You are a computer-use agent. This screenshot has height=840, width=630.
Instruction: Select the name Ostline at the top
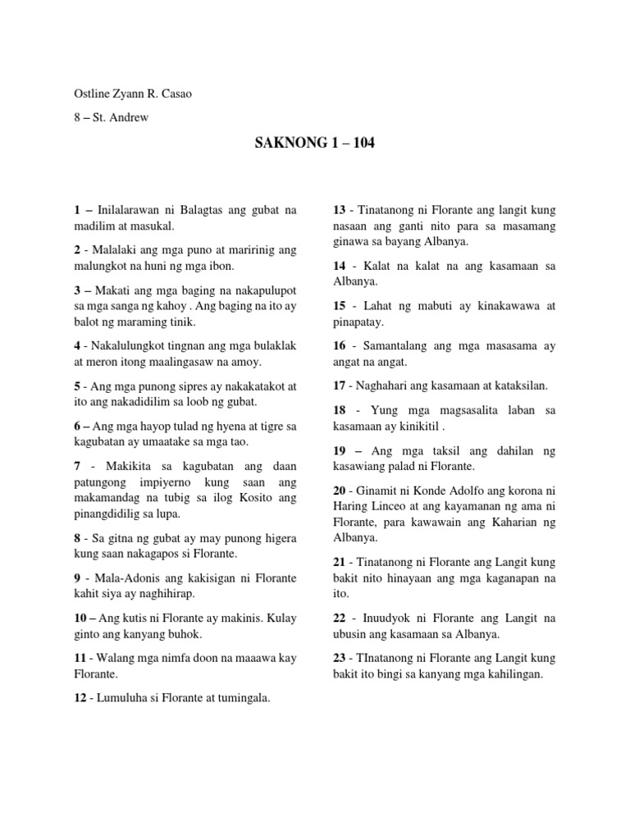click(x=92, y=94)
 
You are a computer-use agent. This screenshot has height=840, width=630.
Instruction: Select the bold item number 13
click(x=339, y=211)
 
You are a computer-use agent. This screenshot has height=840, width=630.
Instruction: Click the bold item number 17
click(x=339, y=385)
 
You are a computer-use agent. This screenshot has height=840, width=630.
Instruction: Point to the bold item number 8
click(x=77, y=539)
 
